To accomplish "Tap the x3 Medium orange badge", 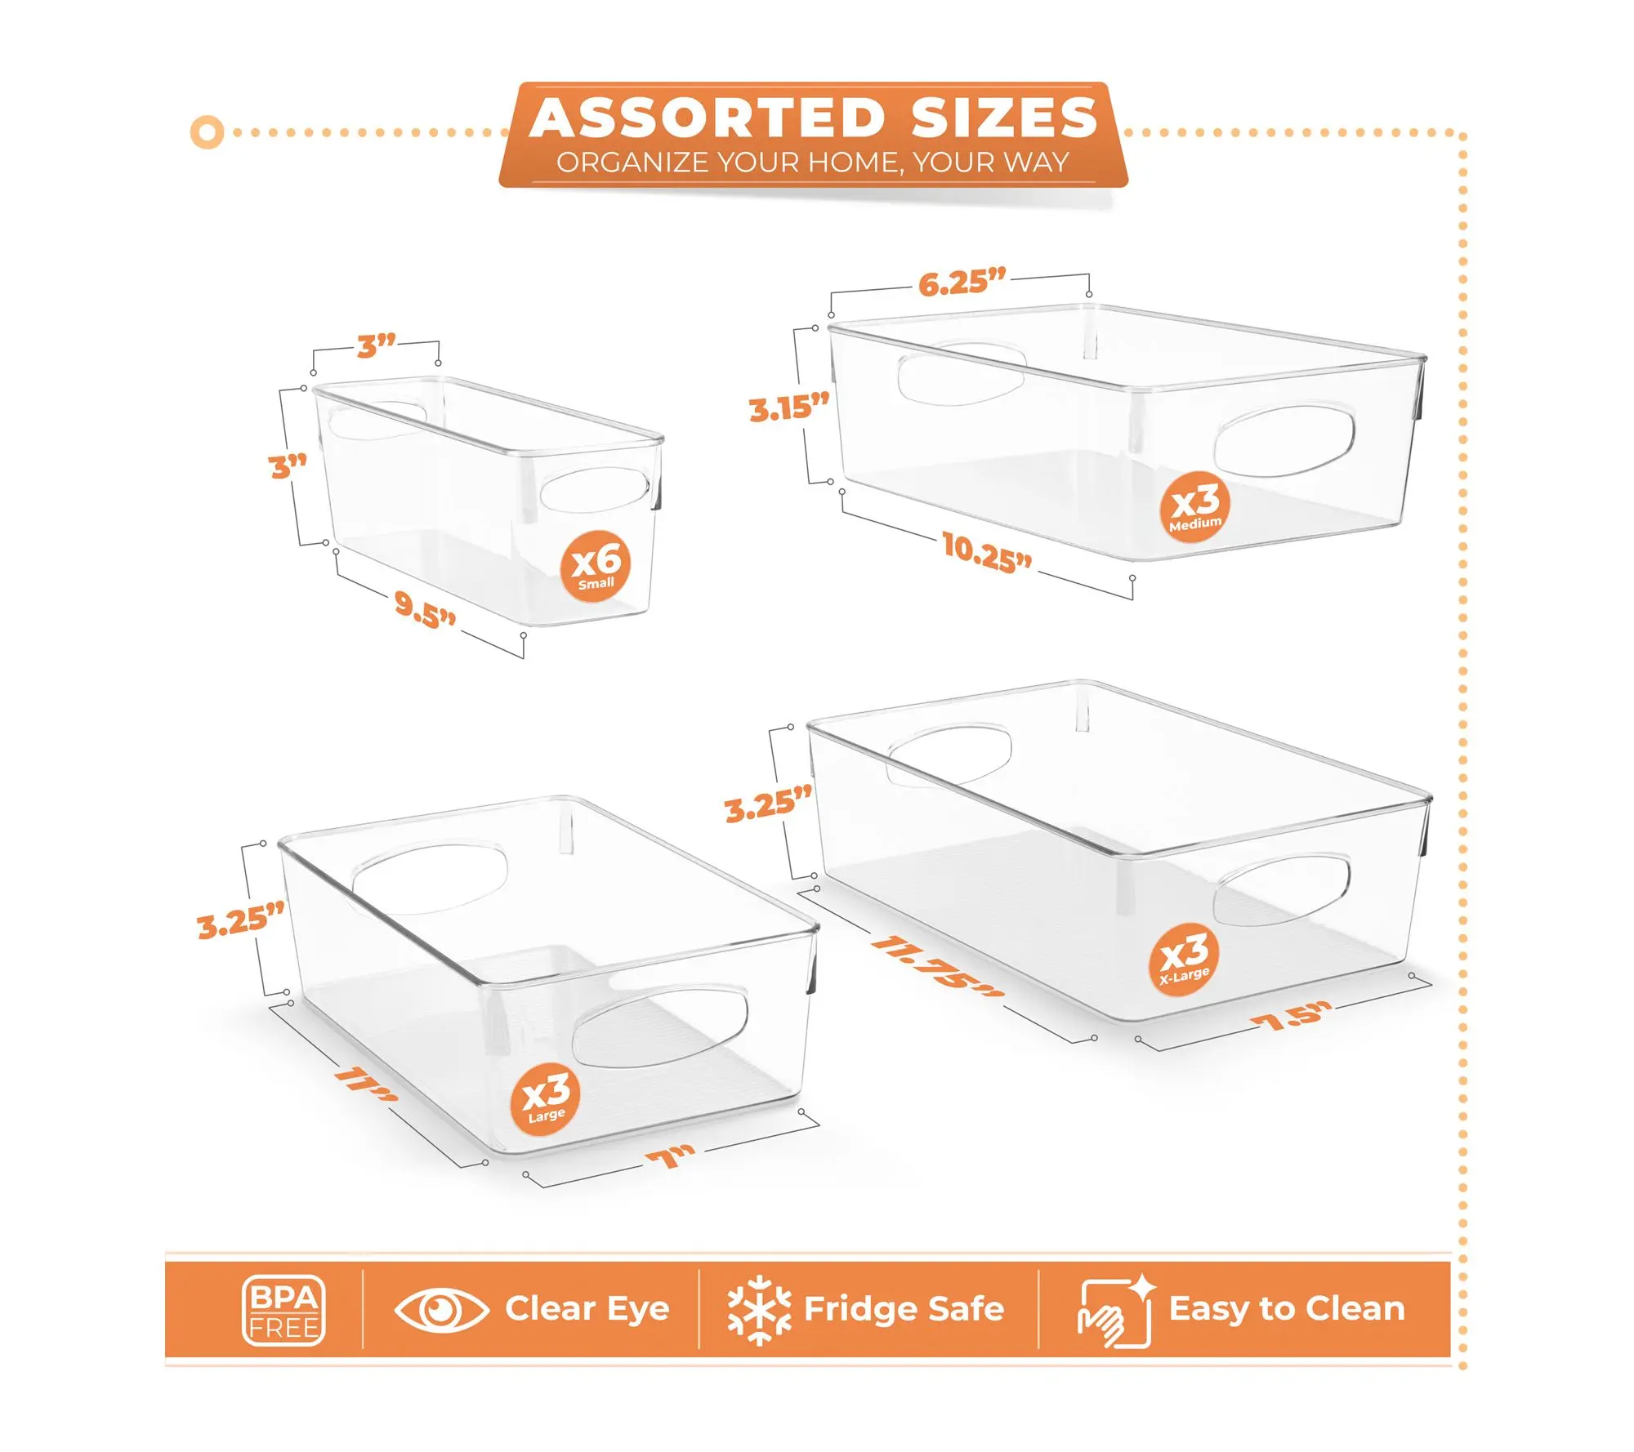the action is click(x=1195, y=506).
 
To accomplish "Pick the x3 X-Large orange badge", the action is click(x=1184, y=960).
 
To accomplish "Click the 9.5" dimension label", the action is click(x=425, y=609).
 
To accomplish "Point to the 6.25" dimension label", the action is click(x=962, y=282).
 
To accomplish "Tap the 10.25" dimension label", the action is click(x=987, y=552).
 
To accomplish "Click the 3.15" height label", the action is click(x=789, y=407).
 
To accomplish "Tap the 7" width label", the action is click(x=670, y=1156).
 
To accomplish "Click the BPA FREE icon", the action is click(x=283, y=1310).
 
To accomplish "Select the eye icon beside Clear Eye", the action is click(x=441, y=1310).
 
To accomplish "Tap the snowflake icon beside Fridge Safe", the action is click(x=759, y=1310).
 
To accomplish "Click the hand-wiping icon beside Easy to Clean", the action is click(x=1116, y=1311).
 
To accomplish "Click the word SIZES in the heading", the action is click(x=1004, y=118).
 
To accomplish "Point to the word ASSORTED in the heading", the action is click(x=708, y=118).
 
